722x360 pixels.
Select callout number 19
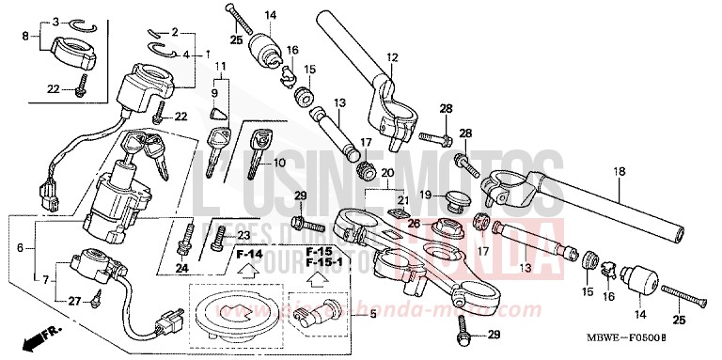[427, 195]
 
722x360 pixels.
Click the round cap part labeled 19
[459, 199]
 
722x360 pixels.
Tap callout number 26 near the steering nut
[414, 224]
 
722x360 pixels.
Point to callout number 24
[183, 266]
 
